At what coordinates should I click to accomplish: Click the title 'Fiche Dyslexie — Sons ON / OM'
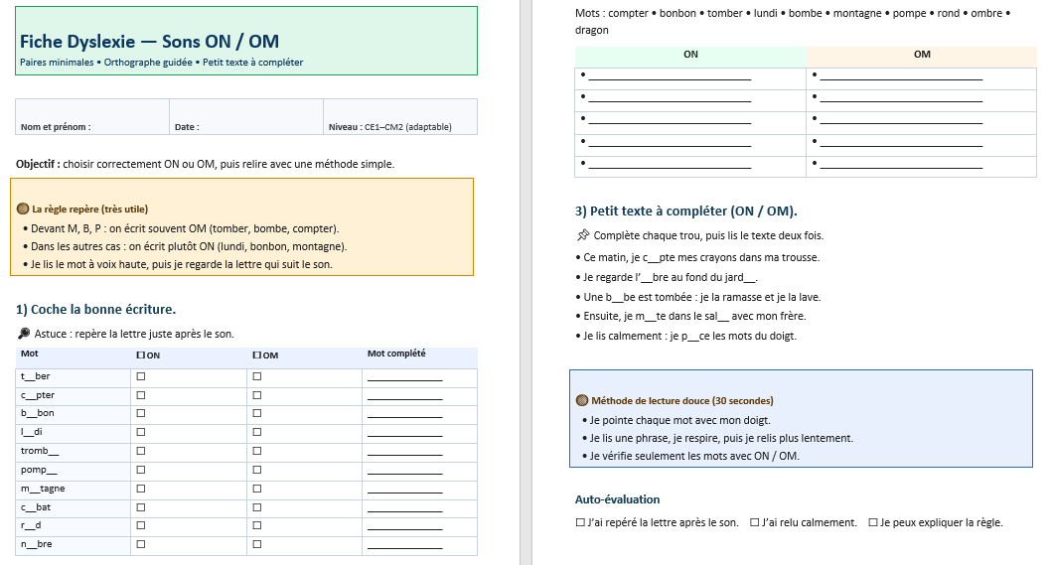(149, 42)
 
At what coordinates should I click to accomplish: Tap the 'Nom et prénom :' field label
(56, 127)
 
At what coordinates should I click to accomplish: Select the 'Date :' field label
(187, 127)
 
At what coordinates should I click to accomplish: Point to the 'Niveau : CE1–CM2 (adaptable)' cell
(389, 127)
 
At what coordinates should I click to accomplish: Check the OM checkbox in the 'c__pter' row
(257, 395)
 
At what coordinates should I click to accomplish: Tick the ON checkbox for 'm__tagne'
(140, 489)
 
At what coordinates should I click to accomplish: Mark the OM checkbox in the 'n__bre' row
(257, 544)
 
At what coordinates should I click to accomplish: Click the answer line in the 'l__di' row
(404, 435)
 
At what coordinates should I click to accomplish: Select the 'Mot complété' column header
(396, 353)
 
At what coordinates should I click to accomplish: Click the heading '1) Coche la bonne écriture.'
(96, 309)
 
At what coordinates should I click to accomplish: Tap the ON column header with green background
(690, 55)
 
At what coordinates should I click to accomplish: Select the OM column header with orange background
(922, 55)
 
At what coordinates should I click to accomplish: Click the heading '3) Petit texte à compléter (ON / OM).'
(685, 211)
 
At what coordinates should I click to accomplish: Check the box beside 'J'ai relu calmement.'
(755, 522)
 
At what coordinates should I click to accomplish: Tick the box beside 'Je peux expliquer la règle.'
(873, 522)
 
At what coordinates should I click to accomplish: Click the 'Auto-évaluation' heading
(617, 499)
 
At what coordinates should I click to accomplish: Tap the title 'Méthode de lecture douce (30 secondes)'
(681, 401)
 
